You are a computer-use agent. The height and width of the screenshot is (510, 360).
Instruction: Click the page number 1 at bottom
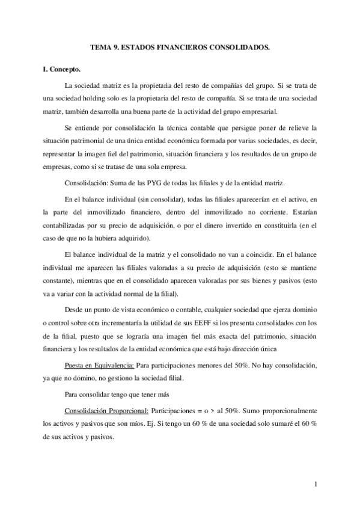pos(315,485)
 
